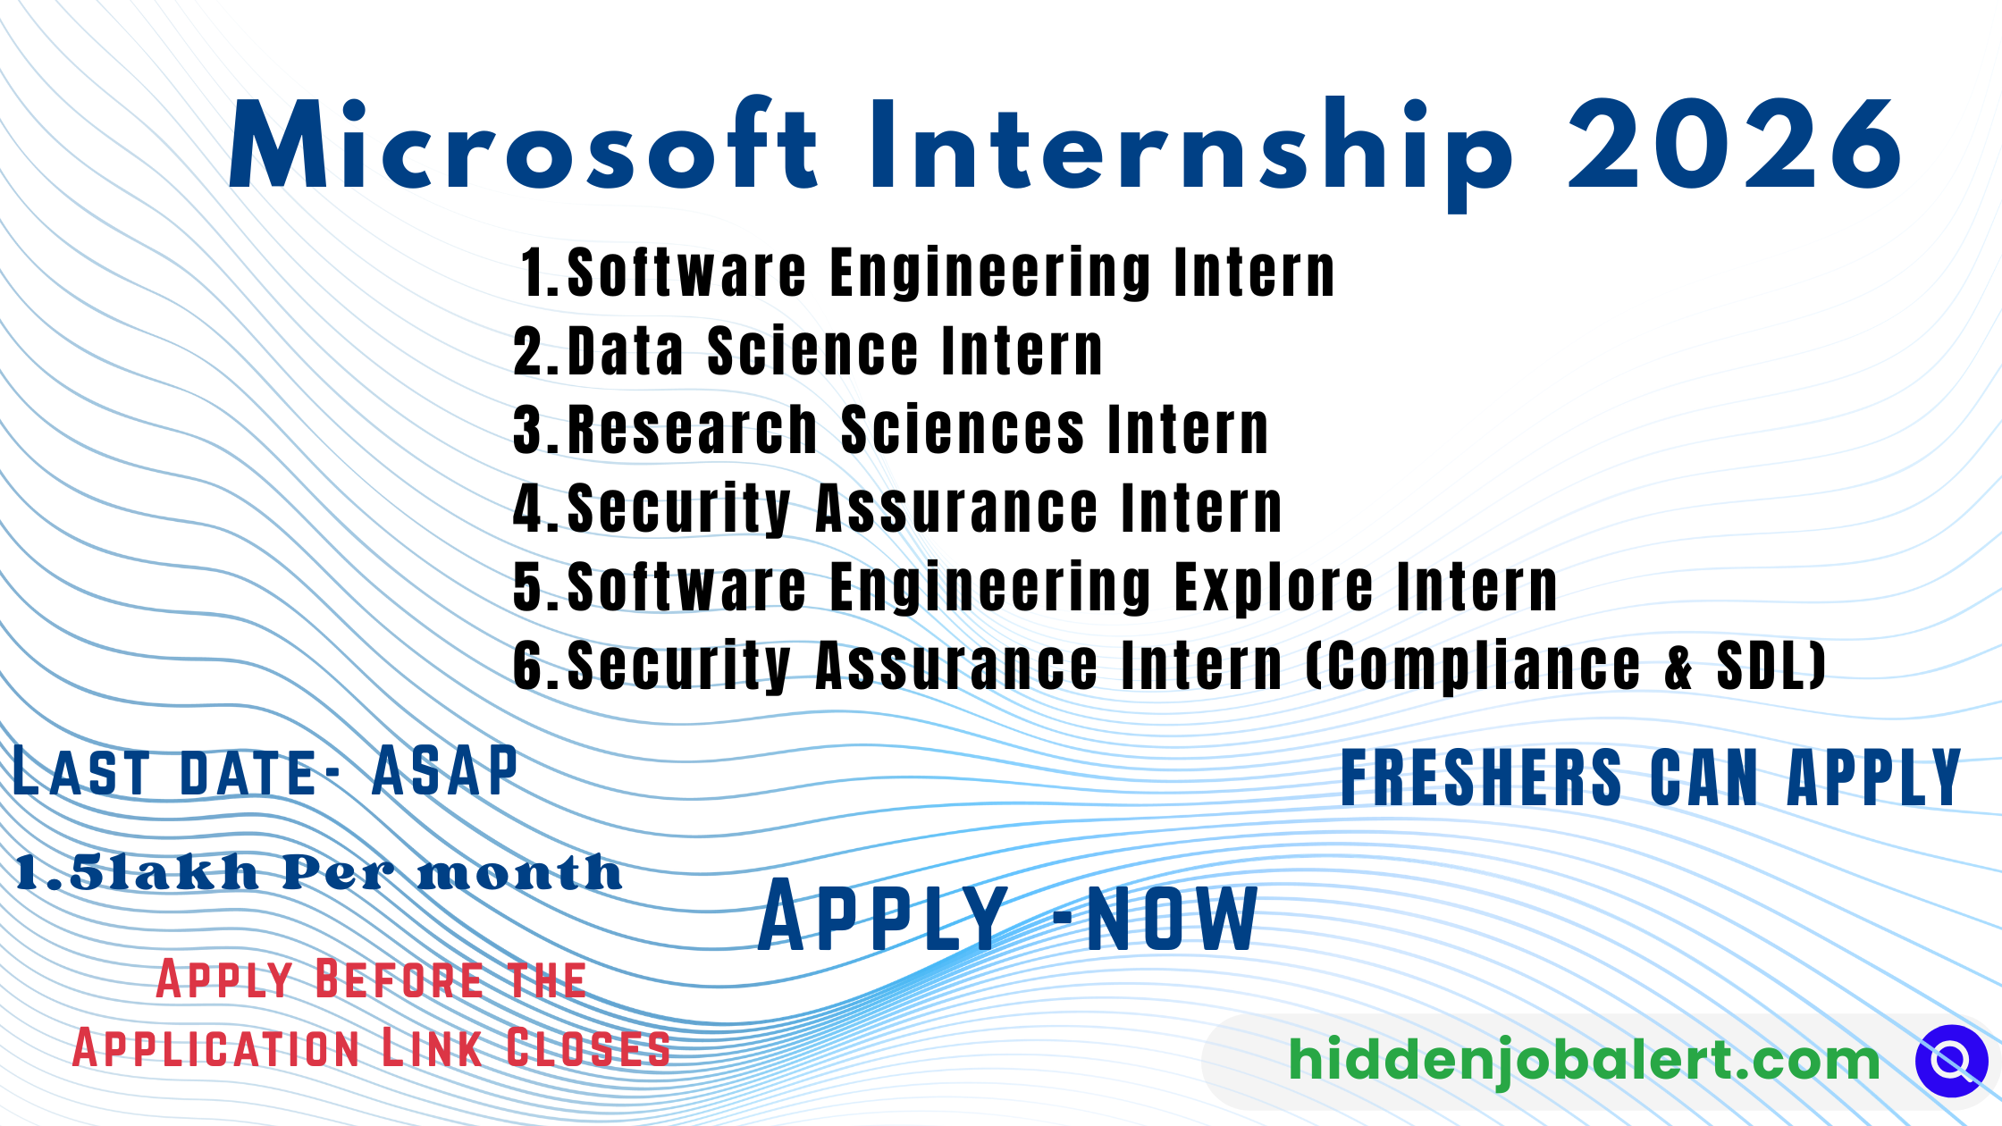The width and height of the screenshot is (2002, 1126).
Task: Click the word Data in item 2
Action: (626, 350)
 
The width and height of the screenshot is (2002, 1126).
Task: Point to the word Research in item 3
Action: (692, 430)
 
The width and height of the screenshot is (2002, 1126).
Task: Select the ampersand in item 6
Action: (1678, 668)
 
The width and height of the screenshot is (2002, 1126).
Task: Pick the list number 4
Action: (528, 508)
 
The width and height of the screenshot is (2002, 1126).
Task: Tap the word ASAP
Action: (444, 771)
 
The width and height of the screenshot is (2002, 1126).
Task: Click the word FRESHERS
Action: (1481, 777)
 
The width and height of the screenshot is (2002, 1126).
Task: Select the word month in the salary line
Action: (519, 873)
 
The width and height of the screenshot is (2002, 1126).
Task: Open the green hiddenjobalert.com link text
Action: (1584, 1061)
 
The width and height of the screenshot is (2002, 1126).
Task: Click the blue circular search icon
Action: (1951, 1061)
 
